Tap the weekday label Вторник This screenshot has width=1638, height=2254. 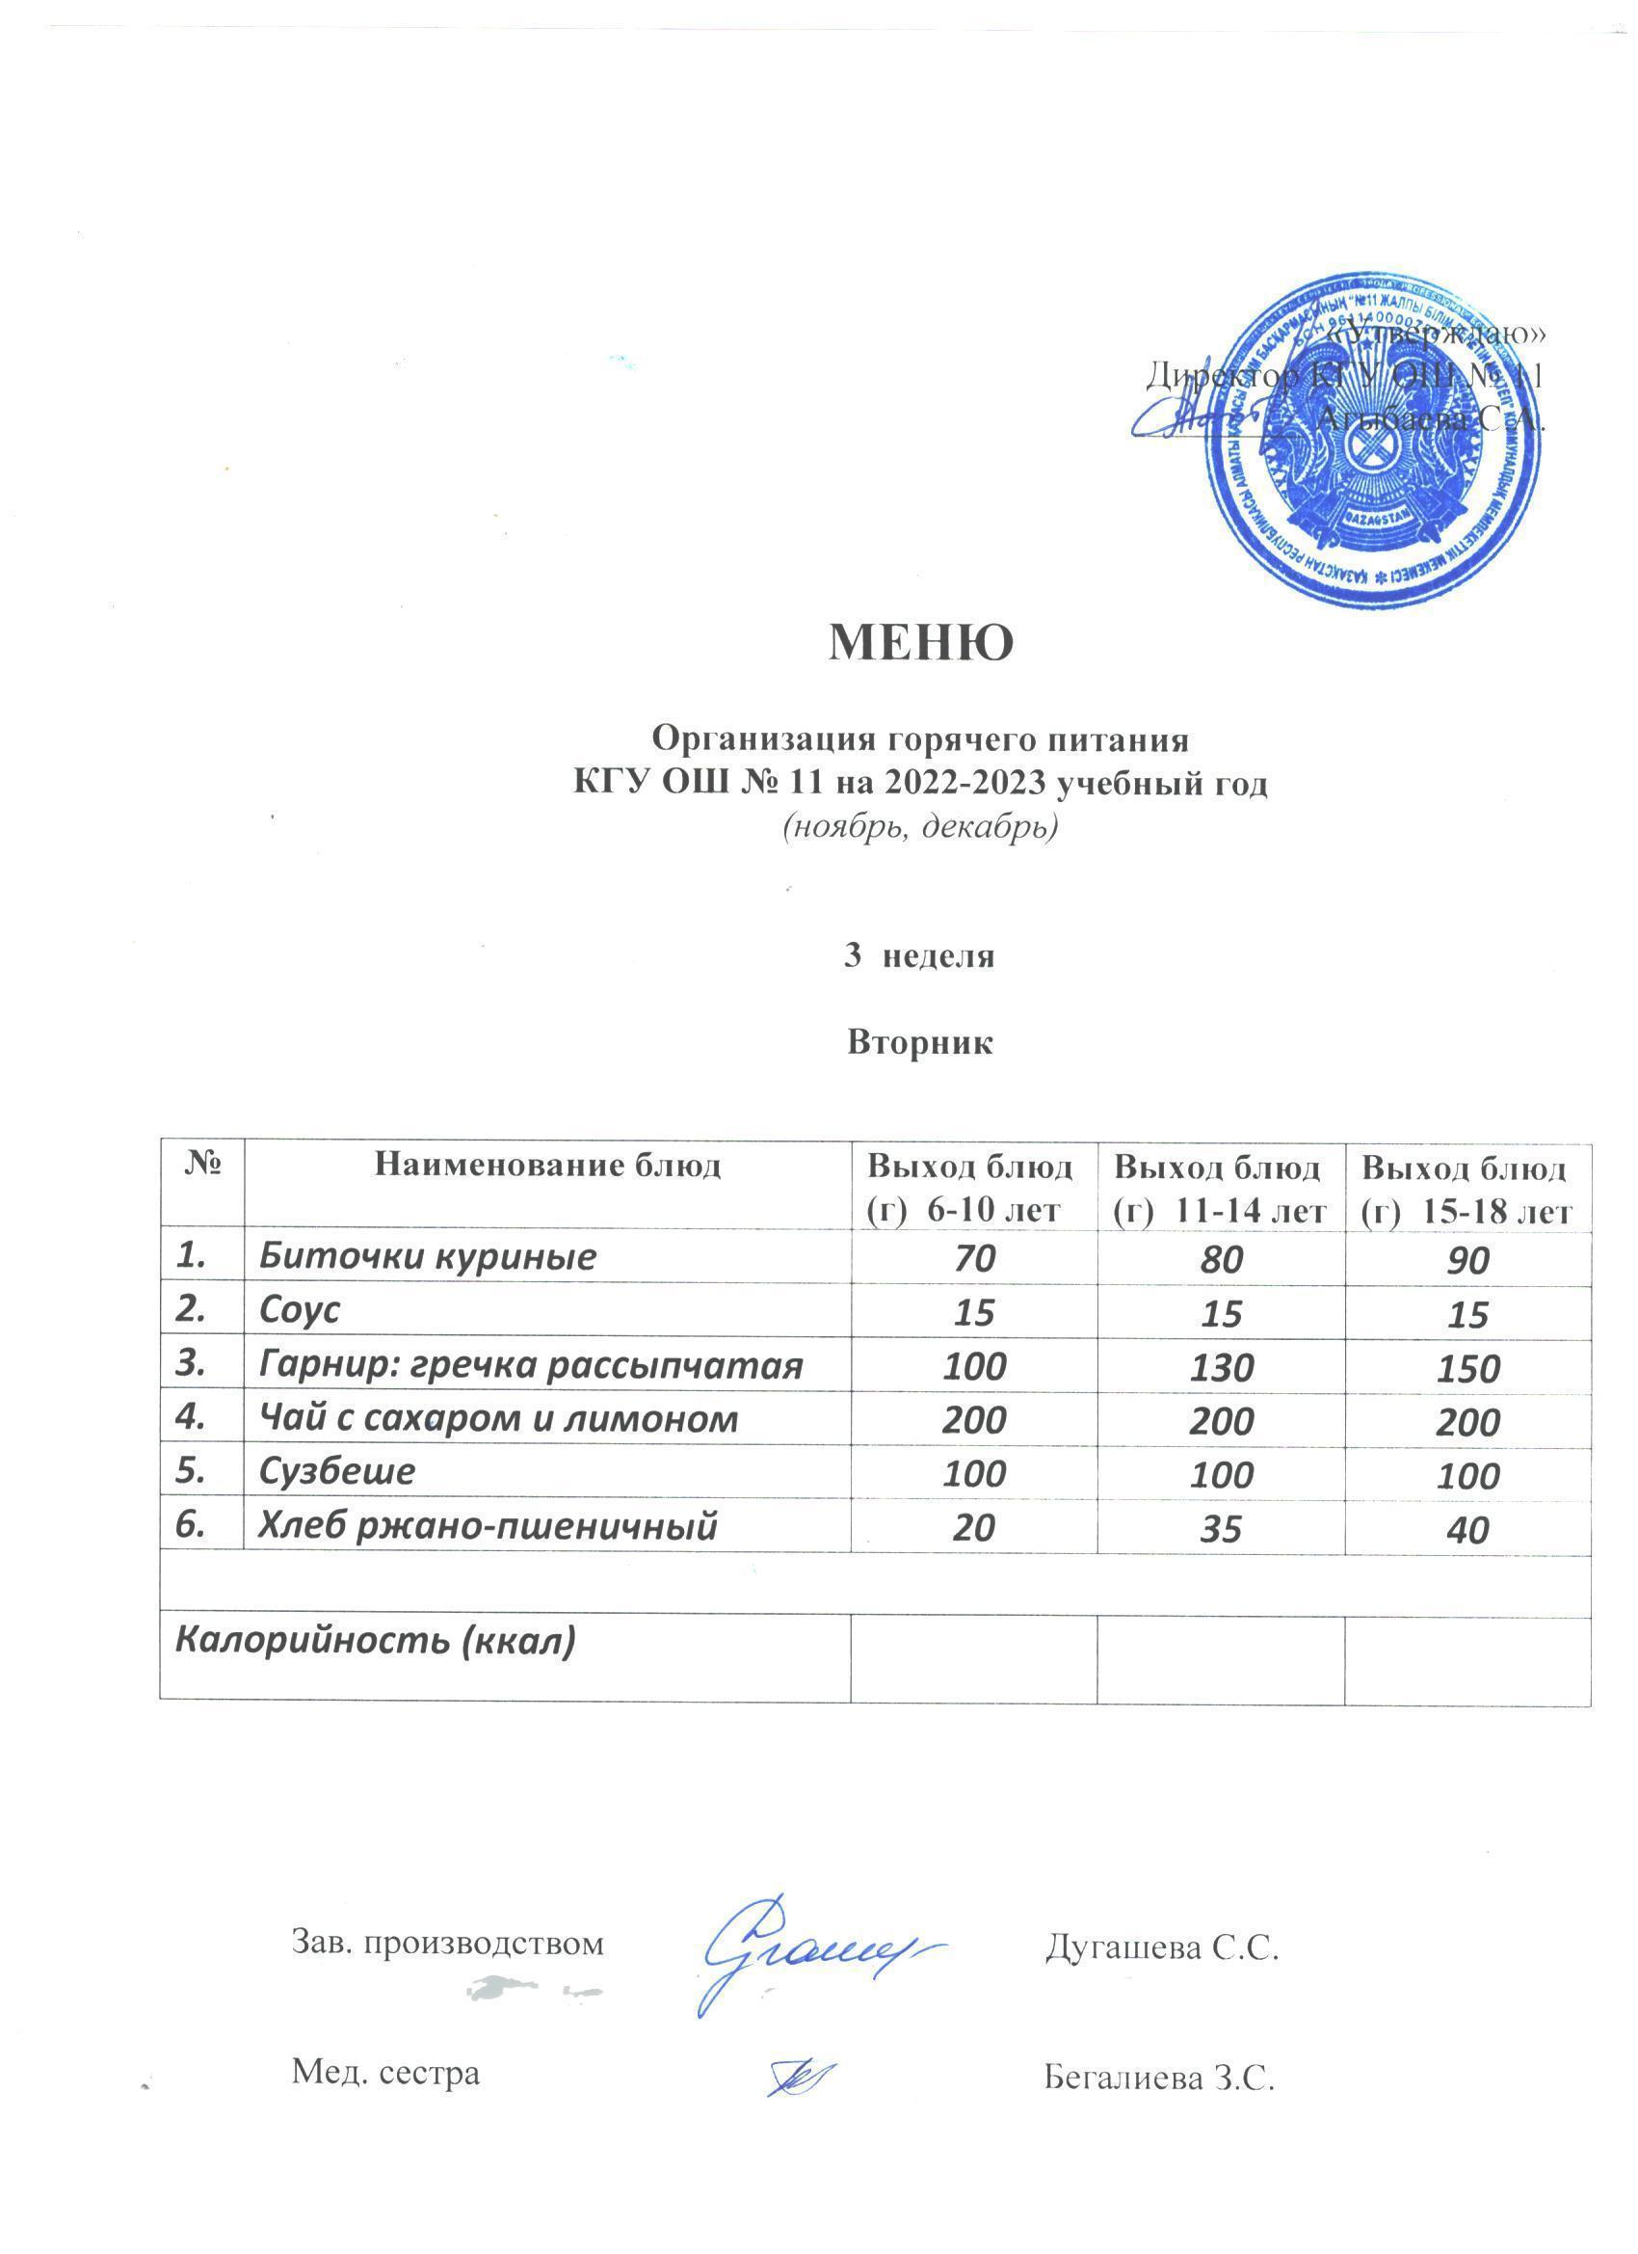[920, 1042]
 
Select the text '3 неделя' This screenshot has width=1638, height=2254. [919, 956]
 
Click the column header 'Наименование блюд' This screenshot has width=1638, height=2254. [546, 1166]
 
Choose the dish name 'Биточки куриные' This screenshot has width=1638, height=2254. [427, 1257]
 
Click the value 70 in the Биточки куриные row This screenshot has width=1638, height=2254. [973, 1259]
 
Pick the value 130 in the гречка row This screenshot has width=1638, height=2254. [1221, 1367]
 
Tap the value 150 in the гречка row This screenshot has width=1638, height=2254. [1467, 1370]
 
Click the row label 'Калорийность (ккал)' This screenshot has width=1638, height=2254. [375, 1640]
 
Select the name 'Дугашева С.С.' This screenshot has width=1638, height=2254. [1160, 1946]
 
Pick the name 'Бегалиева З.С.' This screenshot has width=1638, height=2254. [1158, 2076]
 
